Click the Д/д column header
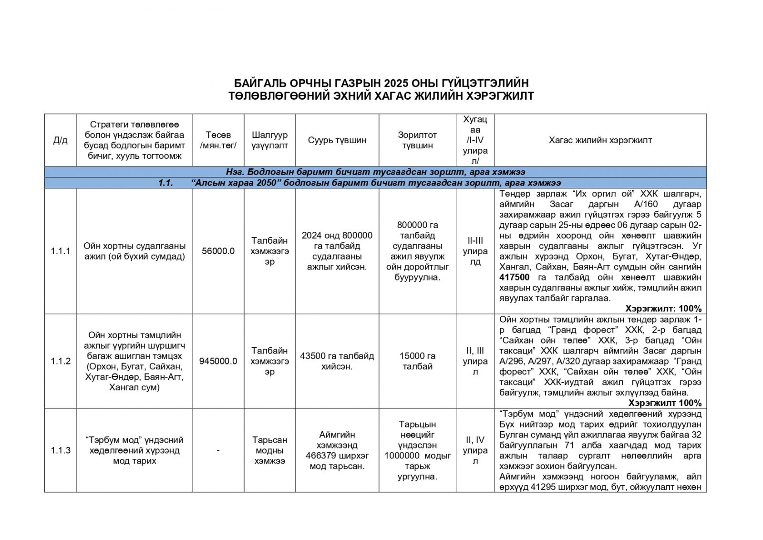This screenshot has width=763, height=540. pos(60,140)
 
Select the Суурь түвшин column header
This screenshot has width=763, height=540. pos(337,140)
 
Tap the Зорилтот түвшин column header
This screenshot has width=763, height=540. pos(417,140)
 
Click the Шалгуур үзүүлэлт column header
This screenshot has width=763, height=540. pos(269,140)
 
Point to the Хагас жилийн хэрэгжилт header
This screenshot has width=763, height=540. pos(600,140)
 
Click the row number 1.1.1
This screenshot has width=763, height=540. pos(61,251)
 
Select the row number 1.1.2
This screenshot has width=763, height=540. pos(61,361)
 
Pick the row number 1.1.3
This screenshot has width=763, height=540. pos(61,450)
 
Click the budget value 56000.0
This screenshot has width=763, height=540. pos(218,251)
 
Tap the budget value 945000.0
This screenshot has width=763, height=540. pos(218,361)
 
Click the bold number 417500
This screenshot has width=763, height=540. pos(514,278)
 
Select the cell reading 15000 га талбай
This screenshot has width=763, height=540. pos(417,361)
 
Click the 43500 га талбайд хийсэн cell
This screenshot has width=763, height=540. pos(337,361)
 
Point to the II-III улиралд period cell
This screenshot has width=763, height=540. pos(475,251)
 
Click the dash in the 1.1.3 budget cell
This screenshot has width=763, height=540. pos(218,450)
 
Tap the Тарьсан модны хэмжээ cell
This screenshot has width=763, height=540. pos(269,450)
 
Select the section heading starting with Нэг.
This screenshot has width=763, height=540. pos(375,172)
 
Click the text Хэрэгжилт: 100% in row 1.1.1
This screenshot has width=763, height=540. pos(663,309)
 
